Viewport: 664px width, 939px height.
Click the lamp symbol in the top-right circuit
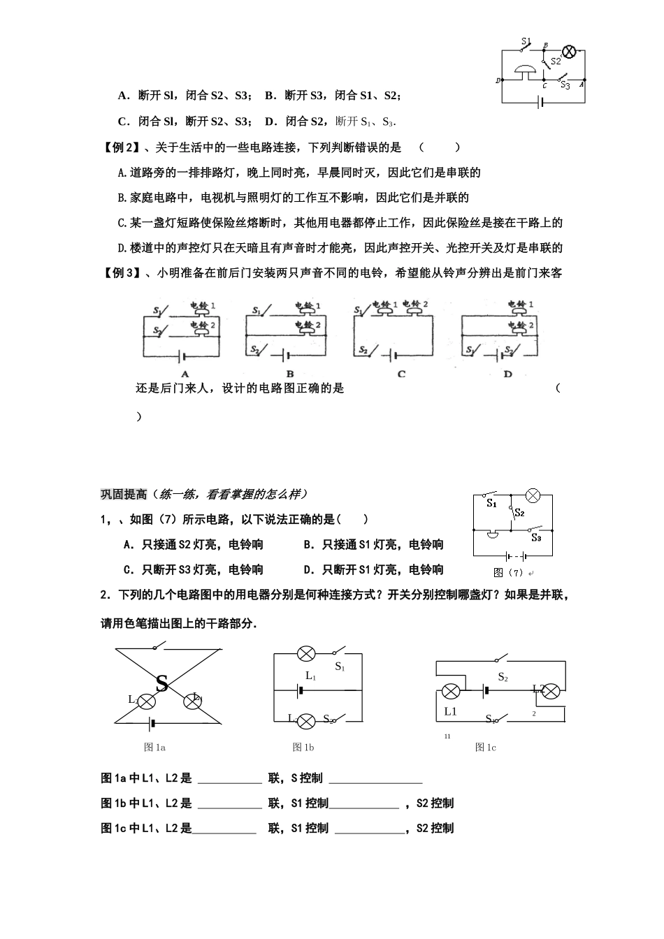(570, 50)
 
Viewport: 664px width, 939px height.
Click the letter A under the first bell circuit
(185, 374)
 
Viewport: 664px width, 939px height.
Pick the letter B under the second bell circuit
(290, 374)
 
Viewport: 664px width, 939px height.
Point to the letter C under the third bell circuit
(401, 374)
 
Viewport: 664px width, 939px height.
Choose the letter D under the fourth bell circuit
(507, 374)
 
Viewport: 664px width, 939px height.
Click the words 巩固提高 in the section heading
(124, 494)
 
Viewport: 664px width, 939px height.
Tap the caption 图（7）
(508, 573)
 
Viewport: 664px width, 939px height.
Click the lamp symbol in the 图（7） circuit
(533, 496)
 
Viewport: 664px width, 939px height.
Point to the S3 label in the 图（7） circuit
(536, 538)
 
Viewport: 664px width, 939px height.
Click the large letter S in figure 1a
(161, 683)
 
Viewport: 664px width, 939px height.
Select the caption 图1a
(154, 748)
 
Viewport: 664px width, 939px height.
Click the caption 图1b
(303, 748)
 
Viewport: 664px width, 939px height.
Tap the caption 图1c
(485, 748)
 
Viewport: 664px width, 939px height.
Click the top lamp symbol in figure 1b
(306, 654)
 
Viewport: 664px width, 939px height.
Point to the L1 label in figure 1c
(450, 711)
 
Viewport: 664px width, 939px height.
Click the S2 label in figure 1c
(503, 677)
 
